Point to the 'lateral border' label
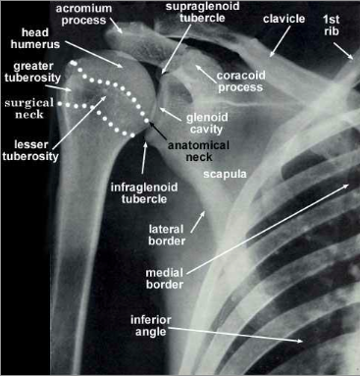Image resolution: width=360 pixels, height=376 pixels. (166, 236)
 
